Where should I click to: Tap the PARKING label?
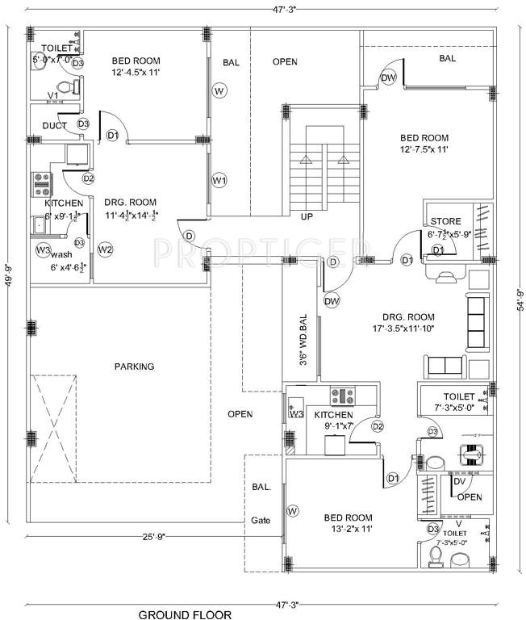(134, 367)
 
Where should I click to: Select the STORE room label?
(445, 221)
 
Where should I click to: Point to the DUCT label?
(55, 125)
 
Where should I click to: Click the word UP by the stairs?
(307, 217)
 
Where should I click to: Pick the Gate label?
(261, 520)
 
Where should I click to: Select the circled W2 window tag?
(105, 249)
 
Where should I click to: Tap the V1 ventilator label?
(52, 96)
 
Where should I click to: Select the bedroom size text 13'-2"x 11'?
(348, 529)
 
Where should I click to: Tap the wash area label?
(61, 253)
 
